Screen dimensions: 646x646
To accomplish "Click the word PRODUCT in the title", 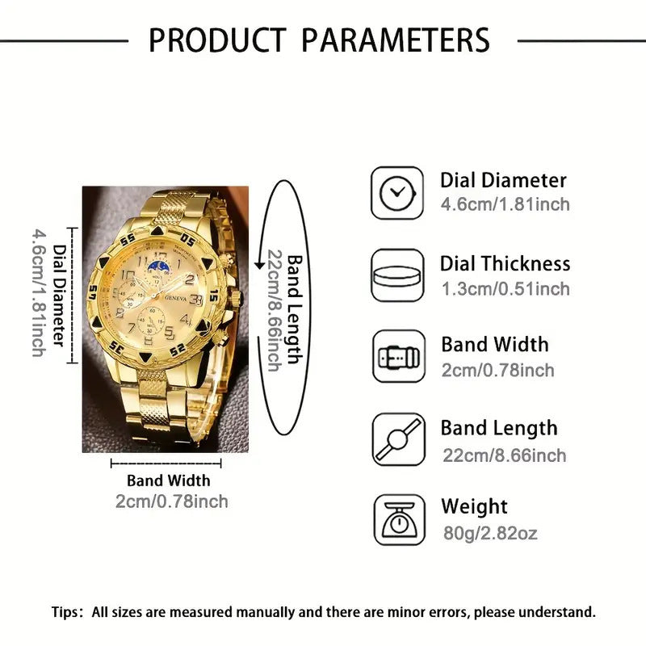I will (217, 39).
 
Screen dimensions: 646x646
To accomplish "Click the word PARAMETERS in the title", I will (392, 39).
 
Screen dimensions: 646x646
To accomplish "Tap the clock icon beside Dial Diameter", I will (397, 192).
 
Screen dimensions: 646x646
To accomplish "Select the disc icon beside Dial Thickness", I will (397, 275).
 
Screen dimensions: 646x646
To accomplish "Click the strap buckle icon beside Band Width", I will (397, 357).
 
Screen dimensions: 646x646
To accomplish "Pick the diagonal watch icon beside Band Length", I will (397, 440).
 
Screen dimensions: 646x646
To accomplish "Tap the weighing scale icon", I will (397, 521).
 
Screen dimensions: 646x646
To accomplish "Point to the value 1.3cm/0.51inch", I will (505, 289).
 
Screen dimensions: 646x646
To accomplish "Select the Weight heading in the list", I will (474, 507).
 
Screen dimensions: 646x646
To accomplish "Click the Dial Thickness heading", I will (505, 263).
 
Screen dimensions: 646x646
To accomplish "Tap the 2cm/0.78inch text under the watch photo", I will (171, 501).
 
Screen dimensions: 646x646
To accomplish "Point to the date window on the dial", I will (197, 300).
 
